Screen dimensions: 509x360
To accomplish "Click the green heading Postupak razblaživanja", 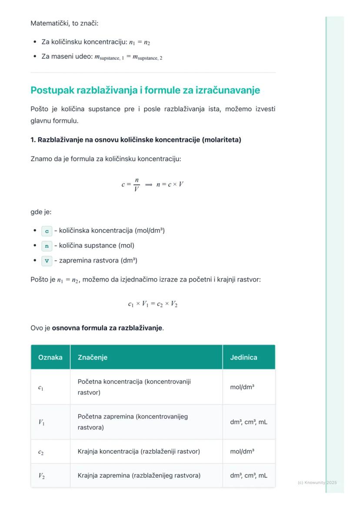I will (x=145, y=90).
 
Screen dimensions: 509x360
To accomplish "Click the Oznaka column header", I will (x=50, y=357).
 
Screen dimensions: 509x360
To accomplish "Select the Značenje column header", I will (x=93, y=357).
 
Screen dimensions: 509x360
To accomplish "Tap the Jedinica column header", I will (x=243, y=357).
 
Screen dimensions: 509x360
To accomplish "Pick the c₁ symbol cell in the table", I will (x=40, y=387).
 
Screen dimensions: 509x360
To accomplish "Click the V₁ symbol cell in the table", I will (x=41, y=422).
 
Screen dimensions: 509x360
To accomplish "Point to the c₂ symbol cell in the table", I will (x=40, y=452).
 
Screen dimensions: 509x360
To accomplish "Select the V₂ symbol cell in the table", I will (x=41, y=476).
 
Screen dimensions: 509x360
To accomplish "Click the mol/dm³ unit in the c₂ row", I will (x=242, y=452).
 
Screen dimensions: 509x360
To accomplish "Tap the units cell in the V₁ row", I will (x=249, y=422).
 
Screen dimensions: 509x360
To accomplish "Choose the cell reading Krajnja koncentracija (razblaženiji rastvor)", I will (x=139, y=452).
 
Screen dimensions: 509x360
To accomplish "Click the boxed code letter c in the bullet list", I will (x=47, y=231).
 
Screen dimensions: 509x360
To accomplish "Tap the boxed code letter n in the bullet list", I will (x=47, y=246).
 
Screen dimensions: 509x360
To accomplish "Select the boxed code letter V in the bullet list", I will (x=47, y=261).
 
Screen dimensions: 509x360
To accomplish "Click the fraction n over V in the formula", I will (x=137, y=184).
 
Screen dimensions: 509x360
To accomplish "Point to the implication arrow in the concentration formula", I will (x=148, y=185).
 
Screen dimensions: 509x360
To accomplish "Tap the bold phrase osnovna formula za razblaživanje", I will (x=107, y=328).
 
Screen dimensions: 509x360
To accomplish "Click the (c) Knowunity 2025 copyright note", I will (x=317, y=482).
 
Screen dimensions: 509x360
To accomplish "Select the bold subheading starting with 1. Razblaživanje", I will (x=136, y=140).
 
